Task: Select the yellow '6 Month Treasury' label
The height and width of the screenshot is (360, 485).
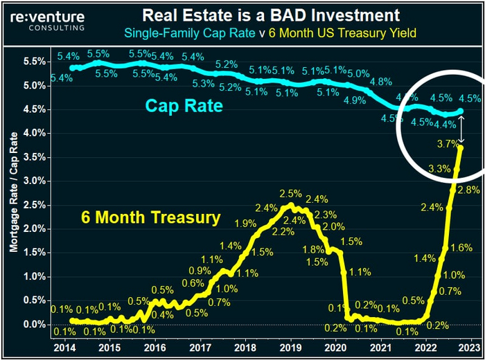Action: coord(150,217)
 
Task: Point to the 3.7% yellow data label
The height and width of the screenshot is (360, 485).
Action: coord(448,143)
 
